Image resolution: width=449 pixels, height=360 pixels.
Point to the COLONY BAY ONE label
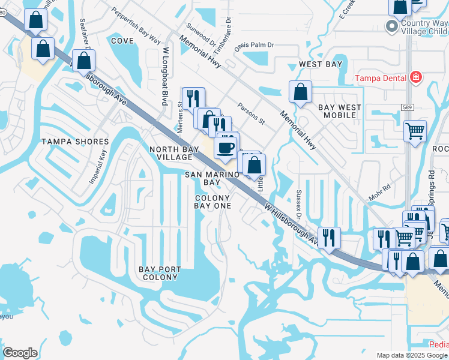(x=212, y=202)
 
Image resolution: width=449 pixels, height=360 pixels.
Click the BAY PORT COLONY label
(x=159, y=273)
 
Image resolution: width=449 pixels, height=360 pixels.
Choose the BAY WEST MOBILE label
(x=340, y=112)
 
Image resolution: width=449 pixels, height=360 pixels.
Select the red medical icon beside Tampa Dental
(x=415, y=77)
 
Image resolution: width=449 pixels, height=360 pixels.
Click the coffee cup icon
(x=226, y=147)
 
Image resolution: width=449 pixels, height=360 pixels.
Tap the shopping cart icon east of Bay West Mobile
(x=415, y=131)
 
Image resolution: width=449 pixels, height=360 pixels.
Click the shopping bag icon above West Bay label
(x=300, y=92)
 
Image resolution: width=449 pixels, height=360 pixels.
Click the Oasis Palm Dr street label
(x=254, y=46)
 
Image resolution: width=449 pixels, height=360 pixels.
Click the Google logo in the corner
(x=20, y=353)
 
